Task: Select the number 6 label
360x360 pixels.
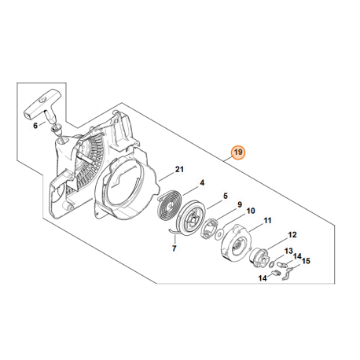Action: tap(35, 125)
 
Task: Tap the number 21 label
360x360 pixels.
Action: tap(179, 169)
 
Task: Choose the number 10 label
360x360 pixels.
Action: tap(250, 211)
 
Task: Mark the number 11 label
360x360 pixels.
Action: tap(268, 222)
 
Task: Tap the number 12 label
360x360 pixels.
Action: tap(292, 234)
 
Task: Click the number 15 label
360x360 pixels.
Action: tap(306, 261)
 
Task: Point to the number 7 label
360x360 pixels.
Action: tap(174, 248)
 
